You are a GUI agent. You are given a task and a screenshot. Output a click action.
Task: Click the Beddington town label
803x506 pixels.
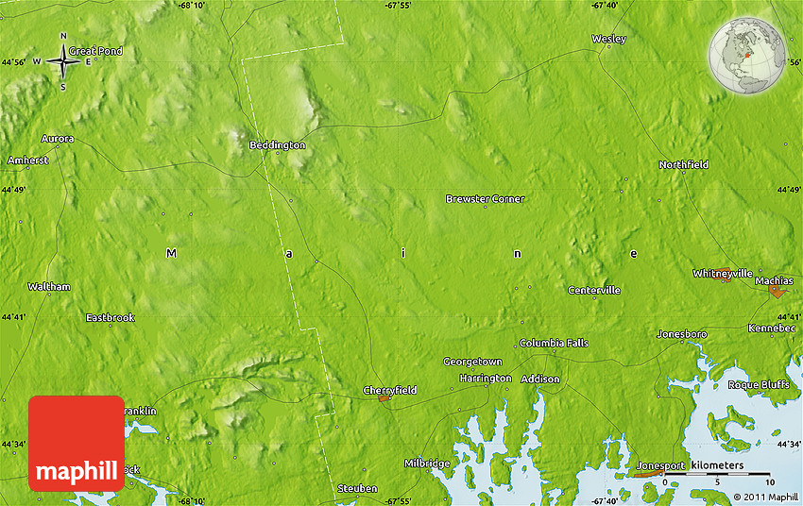point(277,145)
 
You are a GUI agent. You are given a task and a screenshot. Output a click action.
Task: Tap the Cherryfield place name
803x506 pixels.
point(389,390)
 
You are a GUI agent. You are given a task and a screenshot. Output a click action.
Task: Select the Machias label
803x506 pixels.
point(774,281)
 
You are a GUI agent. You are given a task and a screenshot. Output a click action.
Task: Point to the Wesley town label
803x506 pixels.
point(608,39)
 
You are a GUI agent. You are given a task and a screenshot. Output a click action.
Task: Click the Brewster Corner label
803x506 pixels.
point(485,199)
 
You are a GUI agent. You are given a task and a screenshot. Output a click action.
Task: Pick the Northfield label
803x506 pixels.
point(683,165)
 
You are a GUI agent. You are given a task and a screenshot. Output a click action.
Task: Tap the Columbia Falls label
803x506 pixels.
point(553,343)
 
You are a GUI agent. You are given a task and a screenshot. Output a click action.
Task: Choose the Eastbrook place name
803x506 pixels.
point(111,318)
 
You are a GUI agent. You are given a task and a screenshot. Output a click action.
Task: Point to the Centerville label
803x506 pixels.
point(594,290)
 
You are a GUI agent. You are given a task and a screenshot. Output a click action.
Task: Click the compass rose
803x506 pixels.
point(63,62)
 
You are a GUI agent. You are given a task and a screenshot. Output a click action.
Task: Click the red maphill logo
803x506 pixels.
point(77,444)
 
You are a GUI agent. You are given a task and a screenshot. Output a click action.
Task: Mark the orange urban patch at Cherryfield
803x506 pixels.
point(384,399)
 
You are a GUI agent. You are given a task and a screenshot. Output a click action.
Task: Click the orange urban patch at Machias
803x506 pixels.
point(777,293)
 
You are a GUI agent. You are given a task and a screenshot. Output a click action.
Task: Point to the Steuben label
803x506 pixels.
point(358,488)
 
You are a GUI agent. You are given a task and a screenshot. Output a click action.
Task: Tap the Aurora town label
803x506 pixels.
point(58,139)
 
